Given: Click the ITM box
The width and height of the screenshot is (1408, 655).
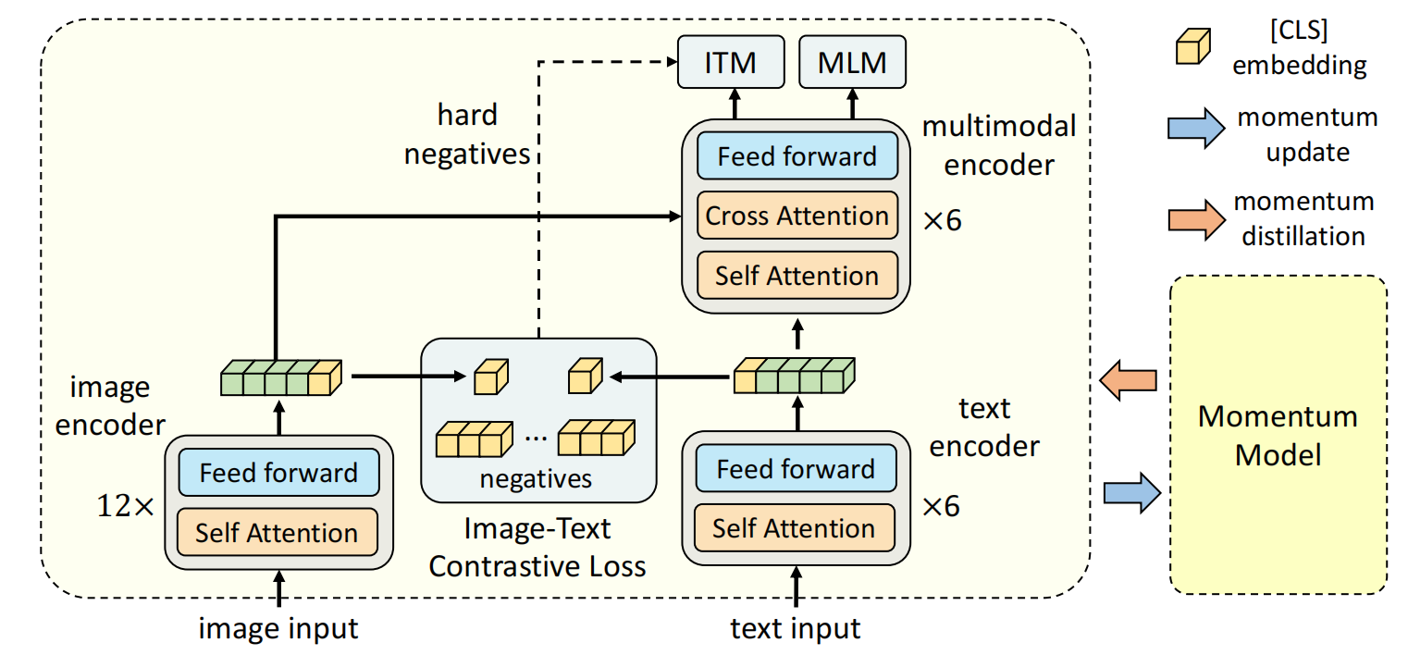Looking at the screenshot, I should click(731, 62).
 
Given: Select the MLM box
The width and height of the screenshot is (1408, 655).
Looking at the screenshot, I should click(852, 62).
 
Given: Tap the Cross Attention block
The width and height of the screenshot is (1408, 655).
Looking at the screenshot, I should click(797, 216).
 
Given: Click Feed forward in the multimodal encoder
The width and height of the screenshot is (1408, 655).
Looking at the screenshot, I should click(797, 155).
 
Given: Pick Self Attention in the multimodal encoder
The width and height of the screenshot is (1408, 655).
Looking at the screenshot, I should click(797, 276).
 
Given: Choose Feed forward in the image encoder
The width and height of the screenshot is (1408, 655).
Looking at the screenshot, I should click(278, 473).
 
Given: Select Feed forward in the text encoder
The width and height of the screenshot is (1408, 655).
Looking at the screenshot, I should click(795, 469).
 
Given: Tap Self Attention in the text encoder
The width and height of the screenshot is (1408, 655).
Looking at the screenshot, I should click(794, 528).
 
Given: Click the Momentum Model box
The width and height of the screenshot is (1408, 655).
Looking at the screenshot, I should click(1278, 435).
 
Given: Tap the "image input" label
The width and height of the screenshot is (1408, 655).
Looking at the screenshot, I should click(278, 629).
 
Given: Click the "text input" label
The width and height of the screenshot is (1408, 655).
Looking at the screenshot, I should click(796, 629).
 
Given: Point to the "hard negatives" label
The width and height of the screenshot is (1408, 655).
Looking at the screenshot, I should click(467, 134).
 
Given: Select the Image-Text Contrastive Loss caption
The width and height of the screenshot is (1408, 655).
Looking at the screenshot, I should click(537, 547).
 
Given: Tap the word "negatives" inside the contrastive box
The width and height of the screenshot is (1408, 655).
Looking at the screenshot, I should click(536, 479).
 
